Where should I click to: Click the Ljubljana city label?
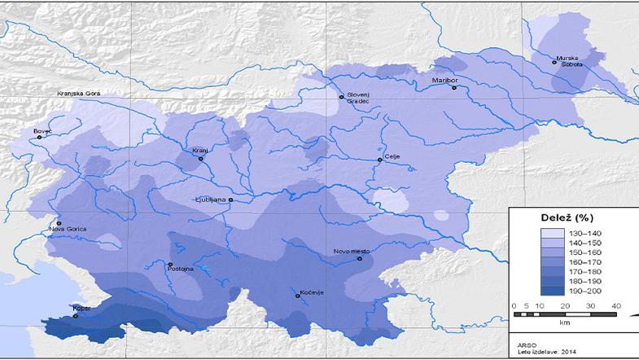pos(210,199)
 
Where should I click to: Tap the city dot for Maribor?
pos(455,88)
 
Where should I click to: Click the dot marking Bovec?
pos(39,137)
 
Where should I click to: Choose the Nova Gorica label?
pos(68,229)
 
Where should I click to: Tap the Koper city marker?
pos(76,316)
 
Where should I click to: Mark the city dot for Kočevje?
pos(298,295)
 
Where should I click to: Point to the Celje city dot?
pos(379,160)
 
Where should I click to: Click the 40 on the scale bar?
pos(616,305)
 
